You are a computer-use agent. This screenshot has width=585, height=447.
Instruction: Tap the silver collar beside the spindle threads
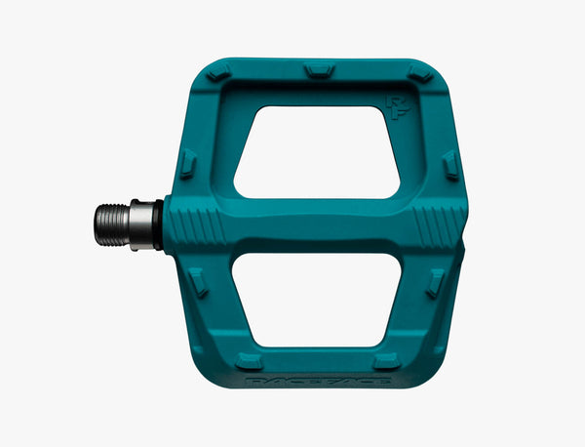tap(142, 225)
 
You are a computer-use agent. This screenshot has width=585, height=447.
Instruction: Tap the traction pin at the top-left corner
tap(216, 72)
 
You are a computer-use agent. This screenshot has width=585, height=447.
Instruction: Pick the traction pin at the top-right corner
tap(419, 73)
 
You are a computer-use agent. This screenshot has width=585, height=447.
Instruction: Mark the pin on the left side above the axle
tap(188, 163)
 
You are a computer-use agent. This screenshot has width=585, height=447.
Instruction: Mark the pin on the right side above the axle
tap(449, 165)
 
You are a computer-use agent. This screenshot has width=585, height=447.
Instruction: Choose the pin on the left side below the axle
tap(198, 283)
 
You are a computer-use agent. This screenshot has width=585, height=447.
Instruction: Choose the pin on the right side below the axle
tap(436, 283)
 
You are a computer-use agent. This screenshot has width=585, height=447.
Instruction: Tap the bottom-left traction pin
tap(250, 360)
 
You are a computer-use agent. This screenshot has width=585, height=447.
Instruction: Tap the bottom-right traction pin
tap(387, 360)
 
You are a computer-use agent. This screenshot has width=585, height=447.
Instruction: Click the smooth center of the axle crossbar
tap(317, 225)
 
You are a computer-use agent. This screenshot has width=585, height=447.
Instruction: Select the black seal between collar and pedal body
tap(160, 225)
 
